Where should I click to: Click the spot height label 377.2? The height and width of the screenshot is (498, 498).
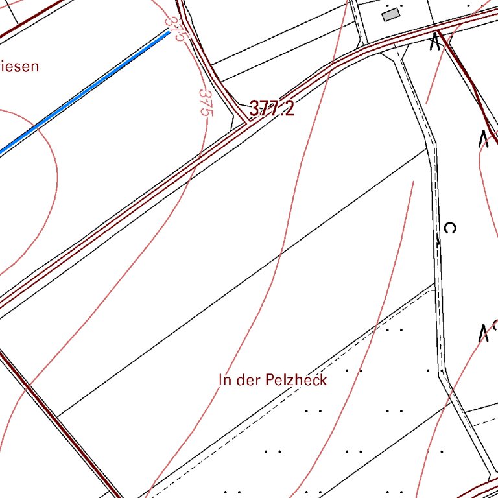[x=271, y=109]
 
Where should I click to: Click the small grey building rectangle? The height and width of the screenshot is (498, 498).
[x=390, y=15]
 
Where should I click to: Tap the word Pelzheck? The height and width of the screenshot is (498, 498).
[x=296, y=380]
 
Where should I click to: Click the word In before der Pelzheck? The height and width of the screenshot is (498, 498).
[x=225, y=380]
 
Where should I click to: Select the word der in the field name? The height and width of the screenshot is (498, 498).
[x=248, y=380]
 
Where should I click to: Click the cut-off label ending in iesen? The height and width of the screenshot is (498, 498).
[x=19, y=65]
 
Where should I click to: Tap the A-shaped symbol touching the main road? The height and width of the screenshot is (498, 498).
[x=435, y=42]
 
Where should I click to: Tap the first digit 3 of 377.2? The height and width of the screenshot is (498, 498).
[x=254, y=109]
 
